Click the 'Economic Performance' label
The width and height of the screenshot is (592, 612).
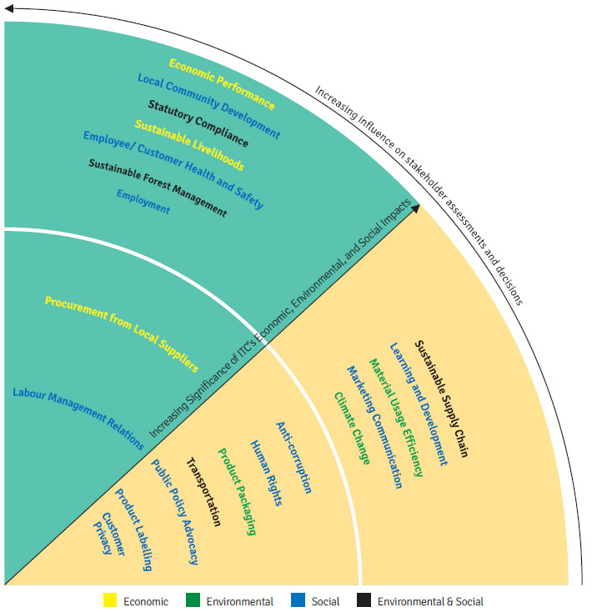click(x=222, y=83)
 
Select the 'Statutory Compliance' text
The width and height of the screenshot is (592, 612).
click(x=198, y=123)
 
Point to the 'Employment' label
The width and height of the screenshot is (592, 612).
click(x=143, y=202)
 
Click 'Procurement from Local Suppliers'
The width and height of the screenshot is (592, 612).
click(x=122, y=334)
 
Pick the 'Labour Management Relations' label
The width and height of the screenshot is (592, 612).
click(x=78, y=418)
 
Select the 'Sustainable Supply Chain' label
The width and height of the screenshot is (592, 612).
click(x=441, y=398)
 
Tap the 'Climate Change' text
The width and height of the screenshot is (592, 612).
click(x=352, y=429)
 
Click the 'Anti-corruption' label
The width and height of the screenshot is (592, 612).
click(x=293, y=458)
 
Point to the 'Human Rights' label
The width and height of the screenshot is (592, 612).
click(x=266, y=473)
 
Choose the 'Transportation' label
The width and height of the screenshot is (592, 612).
click(x=203, y=492)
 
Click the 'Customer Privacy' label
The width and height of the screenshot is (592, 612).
click(x=109, y=534)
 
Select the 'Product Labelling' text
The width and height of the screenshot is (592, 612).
click(x=133, y=529)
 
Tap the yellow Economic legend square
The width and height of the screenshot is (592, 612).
click(x=110, y=599)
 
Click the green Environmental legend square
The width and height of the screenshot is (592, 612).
click(x=193, y=599)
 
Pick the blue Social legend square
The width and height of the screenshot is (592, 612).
click(x=298, y=599)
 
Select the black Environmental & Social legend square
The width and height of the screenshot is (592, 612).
click(x=364, y=599)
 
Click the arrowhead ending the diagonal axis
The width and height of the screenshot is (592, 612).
click(x=416, y=208)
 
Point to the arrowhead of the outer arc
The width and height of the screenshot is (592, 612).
click(x=8, y=8)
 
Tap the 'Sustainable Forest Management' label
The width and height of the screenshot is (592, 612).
click(x=158, y=188)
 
